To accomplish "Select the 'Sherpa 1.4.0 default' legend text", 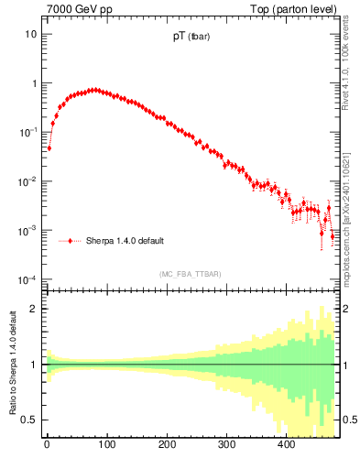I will (125, 241).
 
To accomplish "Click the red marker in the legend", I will (71, 241).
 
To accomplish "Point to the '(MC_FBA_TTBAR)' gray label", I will (190, 274).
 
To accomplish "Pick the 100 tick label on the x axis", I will (106, 446).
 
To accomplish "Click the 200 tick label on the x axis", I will (167, 446).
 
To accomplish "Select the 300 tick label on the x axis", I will (226, 446).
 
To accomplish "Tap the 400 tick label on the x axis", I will (286, 446).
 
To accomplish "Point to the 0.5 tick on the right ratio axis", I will (349, 420).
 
